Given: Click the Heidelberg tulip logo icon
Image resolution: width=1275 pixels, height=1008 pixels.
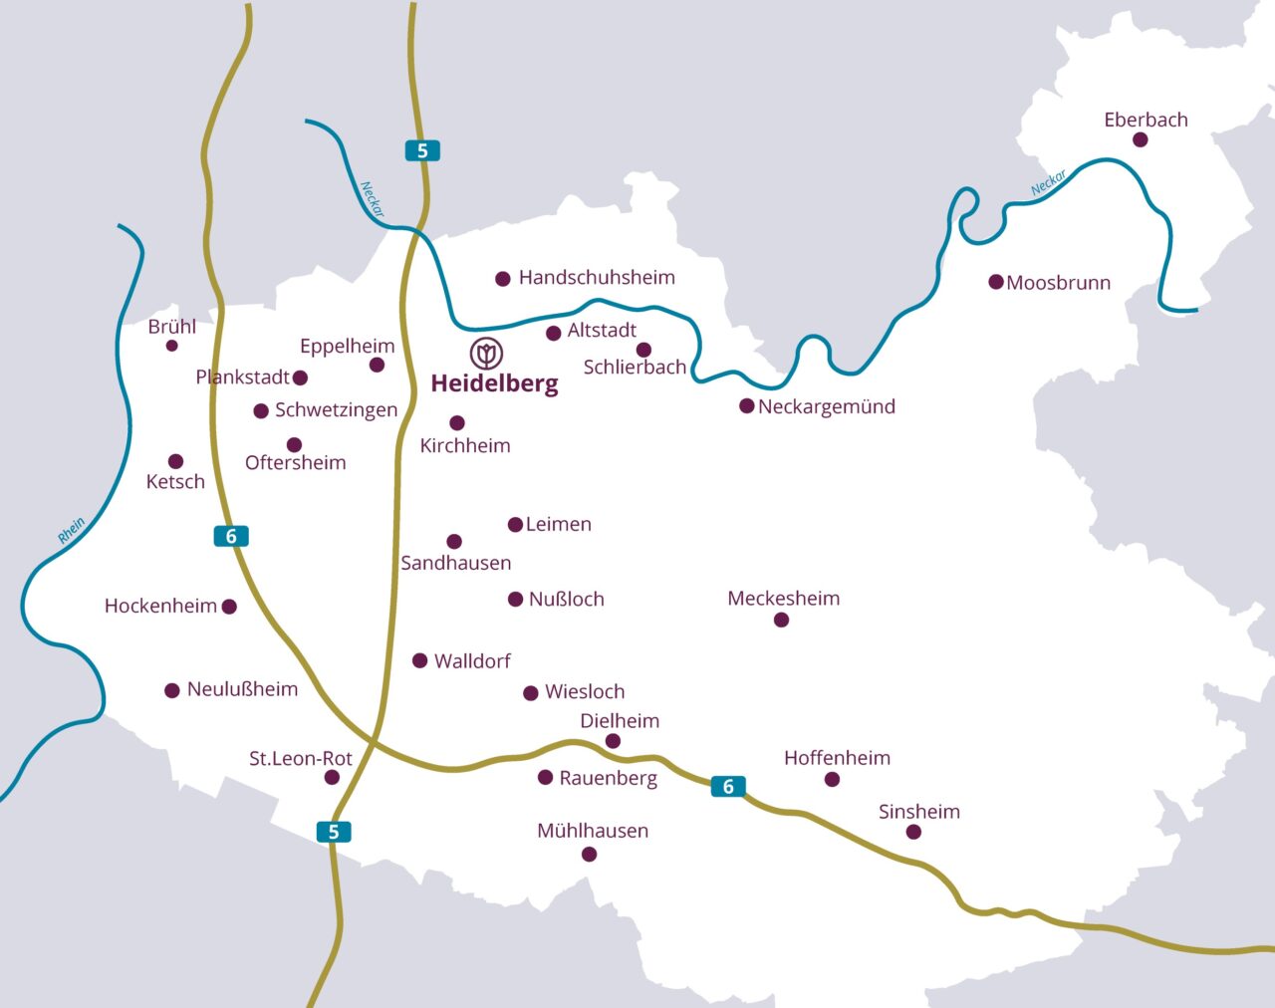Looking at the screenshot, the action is [486, 353].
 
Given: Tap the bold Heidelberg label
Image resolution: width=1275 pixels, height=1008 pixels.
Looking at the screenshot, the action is [494, 383].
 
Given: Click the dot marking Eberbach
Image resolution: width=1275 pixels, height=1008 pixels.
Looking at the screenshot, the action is [1140, 140].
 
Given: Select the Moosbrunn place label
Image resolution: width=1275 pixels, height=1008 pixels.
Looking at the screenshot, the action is [1058, 283].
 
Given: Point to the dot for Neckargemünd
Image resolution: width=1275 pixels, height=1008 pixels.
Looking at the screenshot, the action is [746, 406].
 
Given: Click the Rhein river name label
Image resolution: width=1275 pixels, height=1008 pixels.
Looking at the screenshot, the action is [71, 531].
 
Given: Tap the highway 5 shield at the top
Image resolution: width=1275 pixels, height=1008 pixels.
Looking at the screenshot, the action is [422, 150].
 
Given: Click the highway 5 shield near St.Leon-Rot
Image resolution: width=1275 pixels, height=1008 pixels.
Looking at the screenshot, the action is [334, 832].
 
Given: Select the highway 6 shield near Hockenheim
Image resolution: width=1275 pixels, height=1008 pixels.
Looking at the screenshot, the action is [231, 537].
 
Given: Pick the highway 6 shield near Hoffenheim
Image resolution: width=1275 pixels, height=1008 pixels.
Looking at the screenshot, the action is [728, 787].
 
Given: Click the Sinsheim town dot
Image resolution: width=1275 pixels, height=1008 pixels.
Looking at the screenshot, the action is [914, 832].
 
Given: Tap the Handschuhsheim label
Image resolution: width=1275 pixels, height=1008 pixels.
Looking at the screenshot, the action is [597, 278].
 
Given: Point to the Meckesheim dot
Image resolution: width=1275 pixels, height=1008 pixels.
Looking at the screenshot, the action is [781, 621].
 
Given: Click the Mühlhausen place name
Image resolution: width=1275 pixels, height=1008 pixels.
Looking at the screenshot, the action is [593, 831].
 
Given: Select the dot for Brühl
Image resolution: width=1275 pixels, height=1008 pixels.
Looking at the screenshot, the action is [171, 346].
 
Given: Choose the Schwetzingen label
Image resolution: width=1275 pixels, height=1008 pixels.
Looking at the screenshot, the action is [336, 410].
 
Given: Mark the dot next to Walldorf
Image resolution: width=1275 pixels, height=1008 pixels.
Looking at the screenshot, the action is [420, 660].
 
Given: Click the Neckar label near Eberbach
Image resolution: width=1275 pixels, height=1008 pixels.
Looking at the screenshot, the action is [1048, 183].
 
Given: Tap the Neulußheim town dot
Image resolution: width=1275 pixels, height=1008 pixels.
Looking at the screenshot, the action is [172, 690].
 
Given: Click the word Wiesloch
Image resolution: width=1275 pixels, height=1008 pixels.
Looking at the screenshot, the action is [585, 692].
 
